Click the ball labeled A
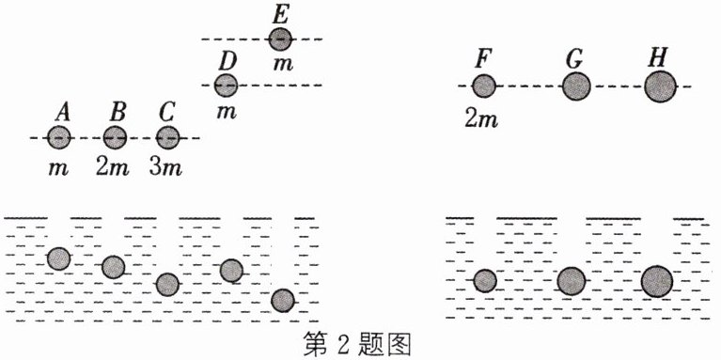[x=59, y=137]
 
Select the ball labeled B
[x=115, y=137]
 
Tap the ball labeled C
[x=168, y=137]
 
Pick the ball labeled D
[x=226, y=86]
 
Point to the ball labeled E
[x=280, y=39]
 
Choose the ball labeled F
[x=484, y=86]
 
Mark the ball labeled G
[x=576, y=86]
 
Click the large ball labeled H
[x=660, y=86]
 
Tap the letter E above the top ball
[x=279, y=16]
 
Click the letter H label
[x=660, y=59]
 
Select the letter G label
[x=575, y=60]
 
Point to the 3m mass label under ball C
[x=165, y=168]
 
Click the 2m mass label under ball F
[x=481, y=120]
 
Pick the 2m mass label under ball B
[x=113, y=168]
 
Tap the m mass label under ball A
[x=59, y=169]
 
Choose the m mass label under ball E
[x=283, y=64]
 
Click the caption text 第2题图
[x=357, y=345]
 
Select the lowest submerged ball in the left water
[x=282, y=301]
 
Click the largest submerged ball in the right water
[x=657, y=281]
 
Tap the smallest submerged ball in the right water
[x=485, y=281]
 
